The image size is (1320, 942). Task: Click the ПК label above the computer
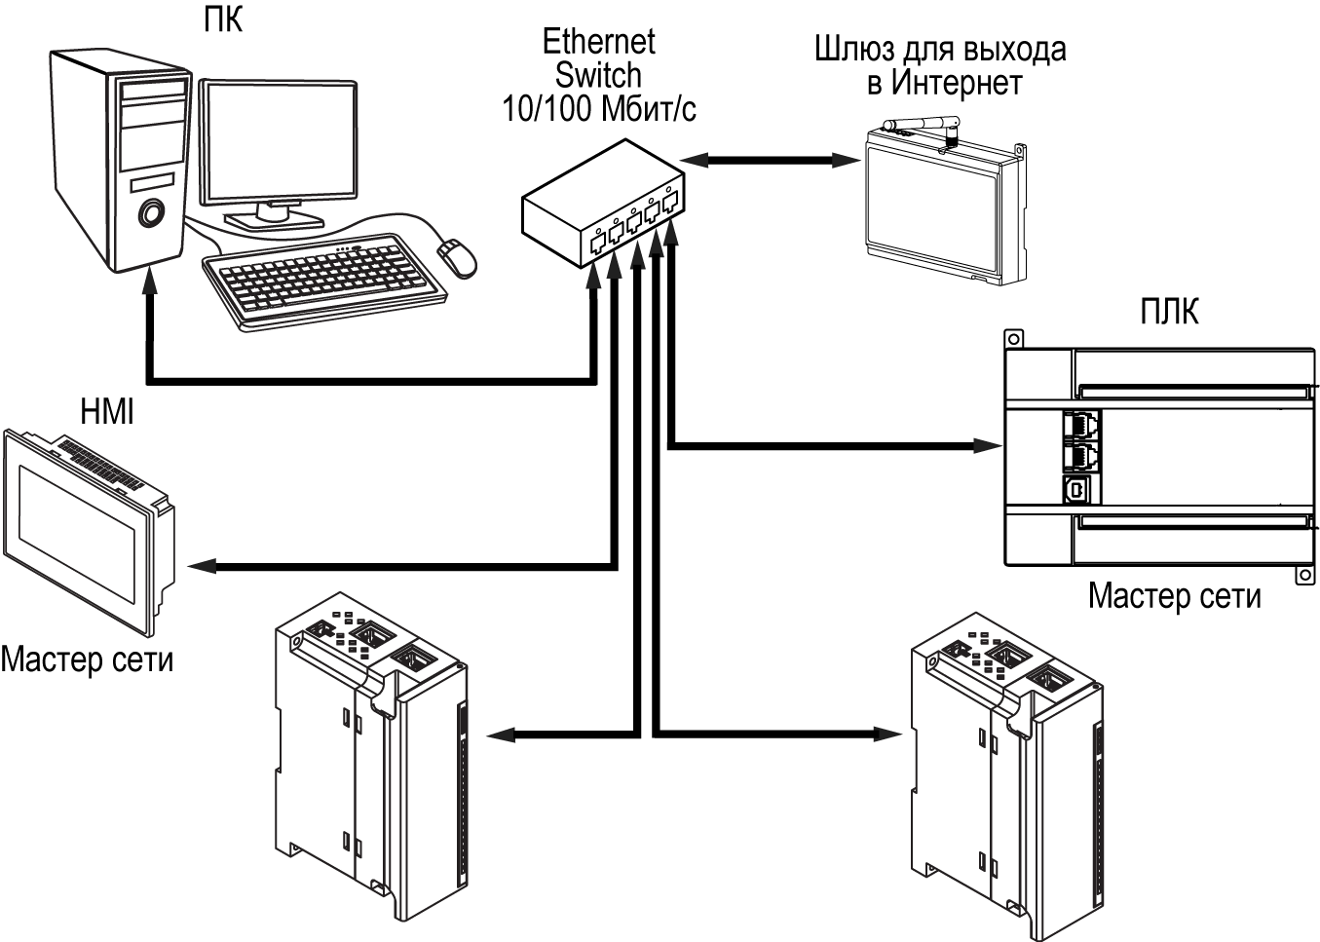coord(223,19)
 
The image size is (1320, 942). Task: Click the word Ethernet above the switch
coord(598,42)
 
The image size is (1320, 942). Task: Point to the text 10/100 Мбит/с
coord(598,109)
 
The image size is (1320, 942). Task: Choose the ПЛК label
coord(1169,312)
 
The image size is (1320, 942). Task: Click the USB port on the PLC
coord(1076,489)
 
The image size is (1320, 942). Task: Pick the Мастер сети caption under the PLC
coord(1174,595)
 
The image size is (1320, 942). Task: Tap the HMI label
coord(107,412)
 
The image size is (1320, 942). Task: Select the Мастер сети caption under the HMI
coord(87,659)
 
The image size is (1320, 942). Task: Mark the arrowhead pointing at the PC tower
coord(149,283)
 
